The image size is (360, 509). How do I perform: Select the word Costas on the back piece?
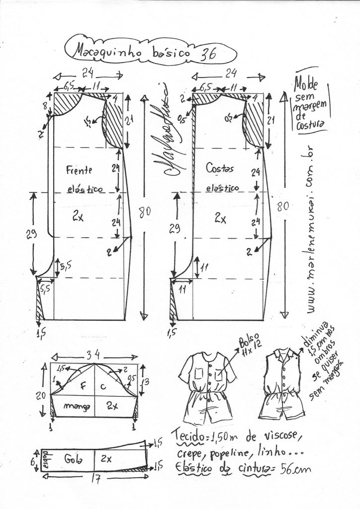click(220, 169)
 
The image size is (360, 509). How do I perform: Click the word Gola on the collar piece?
click(73, 459)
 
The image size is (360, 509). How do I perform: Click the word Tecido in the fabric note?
click(189, 436)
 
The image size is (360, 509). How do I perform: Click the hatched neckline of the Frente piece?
click(67, 103)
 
